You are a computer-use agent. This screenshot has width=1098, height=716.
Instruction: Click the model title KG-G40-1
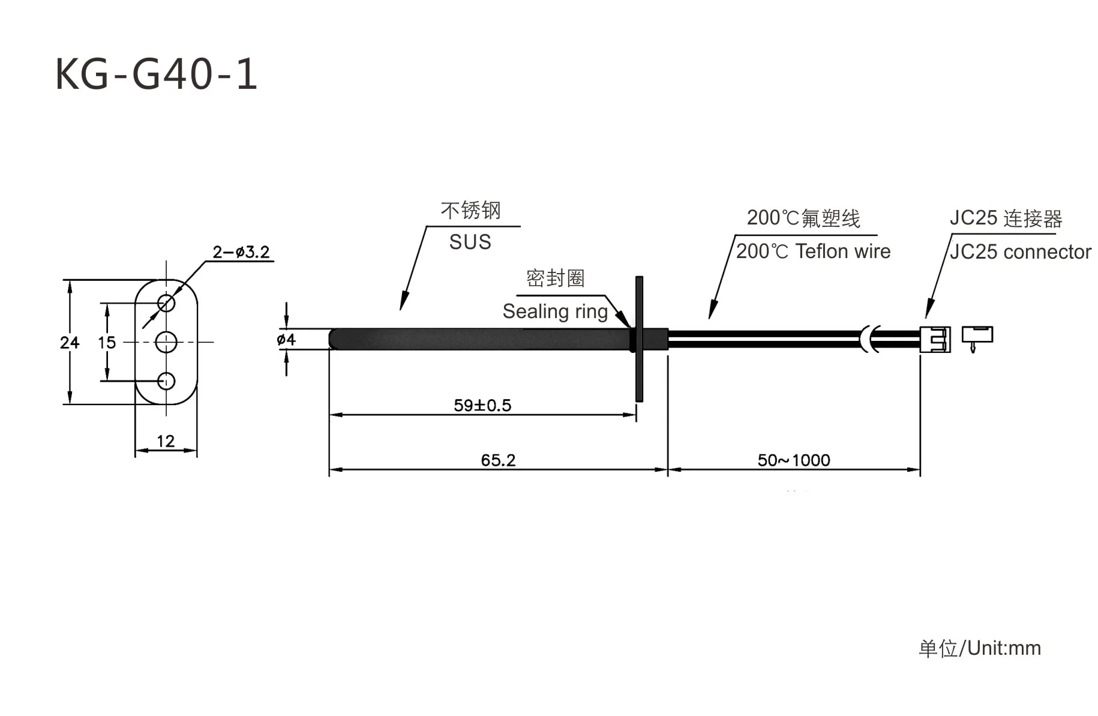tap(156, 74)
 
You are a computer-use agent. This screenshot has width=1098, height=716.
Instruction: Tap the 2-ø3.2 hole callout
tap(241, 252)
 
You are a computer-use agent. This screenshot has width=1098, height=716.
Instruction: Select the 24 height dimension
tap(70, 343)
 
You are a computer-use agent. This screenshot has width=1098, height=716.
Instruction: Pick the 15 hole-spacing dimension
tap(107, 343)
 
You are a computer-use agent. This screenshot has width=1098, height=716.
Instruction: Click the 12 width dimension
tap(166, 442)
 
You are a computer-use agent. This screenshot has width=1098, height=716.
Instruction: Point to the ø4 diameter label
tap(286, 340)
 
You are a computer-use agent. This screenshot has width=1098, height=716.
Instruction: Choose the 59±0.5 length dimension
tap(482, 406)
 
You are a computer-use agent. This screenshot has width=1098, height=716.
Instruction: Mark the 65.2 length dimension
tap(498, 460)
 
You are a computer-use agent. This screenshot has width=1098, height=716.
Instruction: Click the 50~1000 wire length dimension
tap(794, 460)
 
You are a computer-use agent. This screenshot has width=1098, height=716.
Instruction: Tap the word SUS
tap(470, 242)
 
